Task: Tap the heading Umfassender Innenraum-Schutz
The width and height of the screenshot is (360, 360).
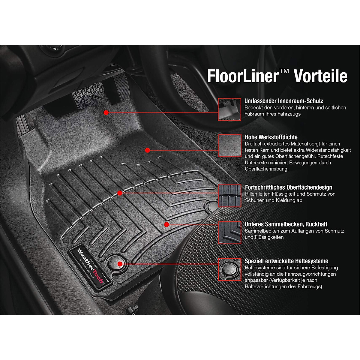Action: [283, 101]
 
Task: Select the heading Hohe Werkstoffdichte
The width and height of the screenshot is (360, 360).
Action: [271, 137]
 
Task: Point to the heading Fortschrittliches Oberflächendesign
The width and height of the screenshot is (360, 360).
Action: [288, 187]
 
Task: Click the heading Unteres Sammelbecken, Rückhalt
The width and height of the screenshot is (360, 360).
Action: [286, 224]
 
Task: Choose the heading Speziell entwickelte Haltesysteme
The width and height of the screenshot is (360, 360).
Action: [286, 261]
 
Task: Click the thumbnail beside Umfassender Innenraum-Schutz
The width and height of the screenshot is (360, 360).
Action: [229, 109]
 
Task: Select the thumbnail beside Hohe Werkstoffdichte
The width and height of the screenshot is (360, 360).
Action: [229, 145]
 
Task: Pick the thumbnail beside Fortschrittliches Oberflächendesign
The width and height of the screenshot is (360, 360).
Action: [229, 196]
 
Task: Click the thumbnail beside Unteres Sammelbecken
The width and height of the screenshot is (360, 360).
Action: [229, 232]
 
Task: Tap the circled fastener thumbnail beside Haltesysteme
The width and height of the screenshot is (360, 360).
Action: [229, 269]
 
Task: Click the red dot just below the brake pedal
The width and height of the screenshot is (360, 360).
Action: [106, 112]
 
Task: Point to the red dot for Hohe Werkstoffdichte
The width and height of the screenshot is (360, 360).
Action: [147, 150]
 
